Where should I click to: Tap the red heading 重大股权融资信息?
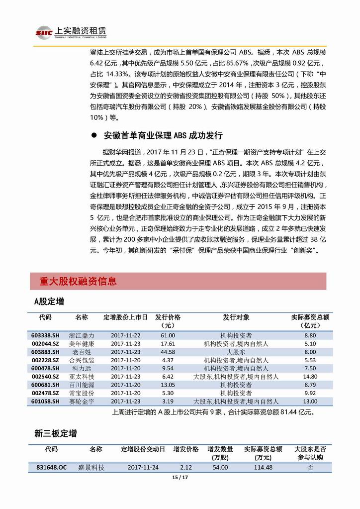click(78, 282)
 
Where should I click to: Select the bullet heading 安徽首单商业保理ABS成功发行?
click(163, 136)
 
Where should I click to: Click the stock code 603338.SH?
click(45, 336)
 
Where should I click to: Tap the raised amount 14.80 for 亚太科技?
click(309, 377)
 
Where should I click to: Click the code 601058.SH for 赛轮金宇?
click(45, 401)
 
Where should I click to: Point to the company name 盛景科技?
click(95, 467)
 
